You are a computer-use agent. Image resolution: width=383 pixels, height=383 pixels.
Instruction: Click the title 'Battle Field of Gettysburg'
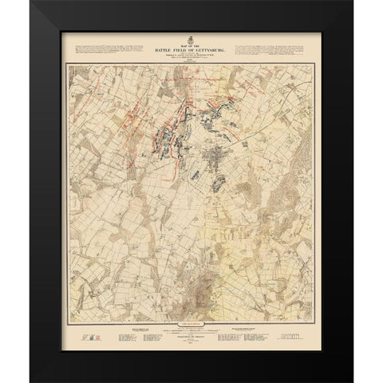[x=192, y=46]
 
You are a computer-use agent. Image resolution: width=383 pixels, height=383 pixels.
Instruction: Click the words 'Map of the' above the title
[x=191, y=41]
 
